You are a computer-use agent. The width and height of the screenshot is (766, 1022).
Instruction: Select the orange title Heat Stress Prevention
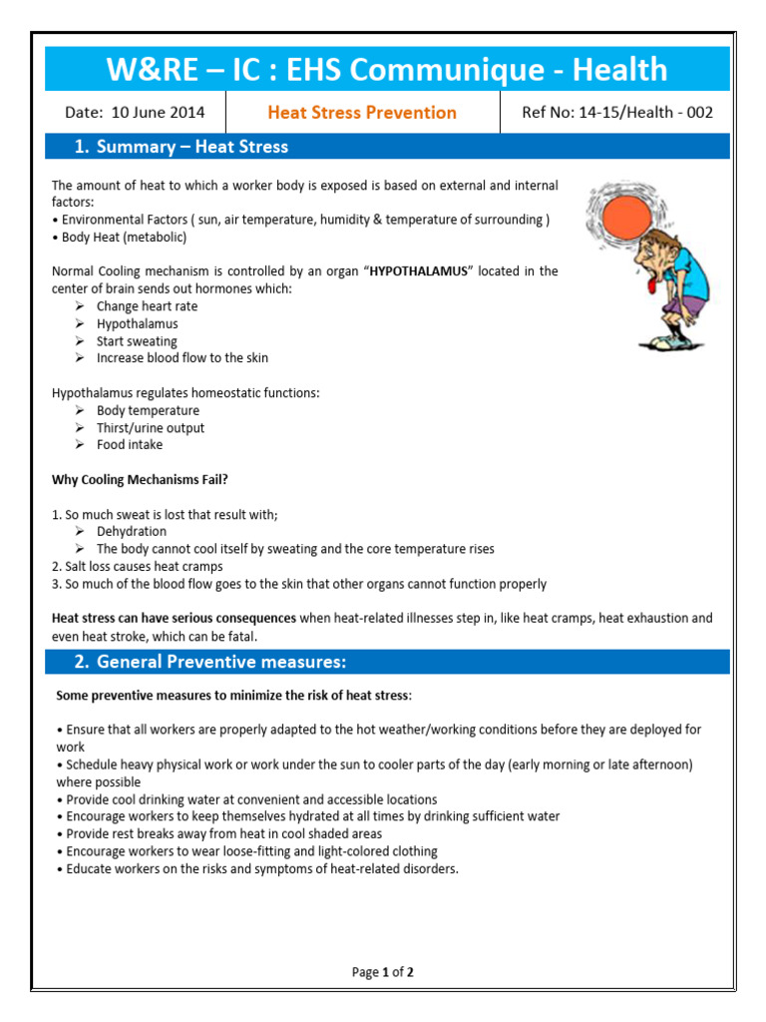pyautogui.click(x=362, y=113)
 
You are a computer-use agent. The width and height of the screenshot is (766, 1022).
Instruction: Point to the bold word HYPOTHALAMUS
pyautogui.click(x=418, y=271)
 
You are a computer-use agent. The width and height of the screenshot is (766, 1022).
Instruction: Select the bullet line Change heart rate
pyautogui.click(x=147, y=306)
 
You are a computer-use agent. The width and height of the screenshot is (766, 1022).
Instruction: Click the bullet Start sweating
pyautogui.click(x=137, y=341)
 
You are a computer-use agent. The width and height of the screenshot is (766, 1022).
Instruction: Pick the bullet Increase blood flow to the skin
pyautogui.click(x=182, y=358)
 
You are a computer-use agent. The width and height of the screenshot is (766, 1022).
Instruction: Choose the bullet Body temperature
pyautogui.click(x=148, y=411)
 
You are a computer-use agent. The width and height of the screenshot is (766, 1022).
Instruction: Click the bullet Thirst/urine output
pyautogui.click(x=151, y=428)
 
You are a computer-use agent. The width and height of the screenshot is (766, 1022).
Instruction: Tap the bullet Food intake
pyautogui.click(x=130, y=445)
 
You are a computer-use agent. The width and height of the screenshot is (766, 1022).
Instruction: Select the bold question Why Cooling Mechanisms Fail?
pyautogui.click(x=140, y=480)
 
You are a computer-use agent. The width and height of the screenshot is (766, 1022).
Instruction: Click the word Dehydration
pyautogui.click(x=132, y=532)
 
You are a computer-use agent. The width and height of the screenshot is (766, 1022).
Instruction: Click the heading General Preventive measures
pyautogui.click(x=221, y=662)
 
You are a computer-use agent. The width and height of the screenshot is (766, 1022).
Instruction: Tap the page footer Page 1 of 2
pyautogui.click(x=383, y=972)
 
